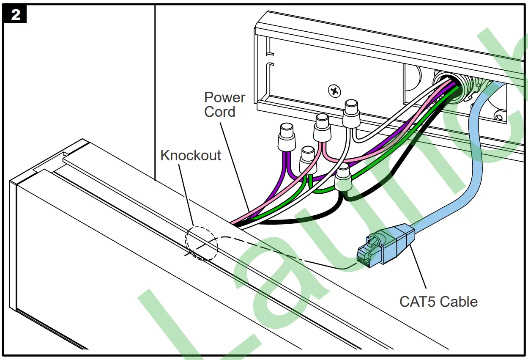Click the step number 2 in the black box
click(15, 15)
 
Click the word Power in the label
click(224, 97)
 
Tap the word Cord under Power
click(220, 112)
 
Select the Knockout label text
click(191, 155)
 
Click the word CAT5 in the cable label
click(417, 302)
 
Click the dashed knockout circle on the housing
click(201, 243)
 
